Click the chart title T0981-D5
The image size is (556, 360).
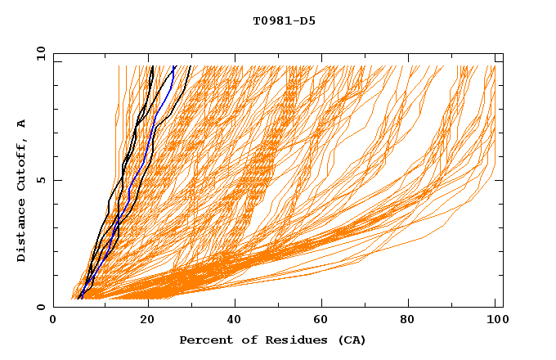pyautogui.click(x=284, y=21)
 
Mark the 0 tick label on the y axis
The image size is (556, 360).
pyautogui.click(x=41, y=308)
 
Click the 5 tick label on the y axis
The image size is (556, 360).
pyautogui.click(x=41, y=180)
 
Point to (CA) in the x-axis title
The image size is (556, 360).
pyautogui.click(x=350, y=340)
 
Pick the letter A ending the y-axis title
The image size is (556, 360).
pyautogui.click(x=22, y=124)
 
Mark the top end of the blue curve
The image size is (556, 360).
pyautogui.click(x=174, y=66)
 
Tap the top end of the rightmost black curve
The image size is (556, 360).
pyautogui.click(x=191, y=66)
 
